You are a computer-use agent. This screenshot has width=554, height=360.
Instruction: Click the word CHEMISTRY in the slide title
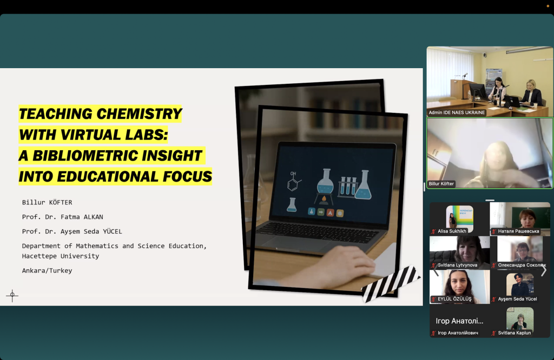coord(139,114)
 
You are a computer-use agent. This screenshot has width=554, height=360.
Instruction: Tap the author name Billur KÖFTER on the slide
coord(47,202)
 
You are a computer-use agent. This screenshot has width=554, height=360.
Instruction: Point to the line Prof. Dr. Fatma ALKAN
coord(63,217)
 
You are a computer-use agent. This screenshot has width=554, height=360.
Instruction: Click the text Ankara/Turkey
coord(47,271)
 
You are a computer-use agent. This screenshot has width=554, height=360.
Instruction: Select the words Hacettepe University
coord(61,256)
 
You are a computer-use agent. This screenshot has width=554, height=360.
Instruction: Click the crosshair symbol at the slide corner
coord(12,296)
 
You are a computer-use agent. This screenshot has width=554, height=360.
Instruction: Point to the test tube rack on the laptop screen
coord(348,186)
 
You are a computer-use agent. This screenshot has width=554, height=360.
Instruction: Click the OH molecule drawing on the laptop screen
coord(294,181)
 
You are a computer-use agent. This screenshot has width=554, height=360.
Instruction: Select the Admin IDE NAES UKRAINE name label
coord(457,112)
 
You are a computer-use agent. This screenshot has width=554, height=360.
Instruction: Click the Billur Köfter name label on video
coord(441,184)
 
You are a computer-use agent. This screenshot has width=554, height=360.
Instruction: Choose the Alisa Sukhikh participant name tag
coord(452,231)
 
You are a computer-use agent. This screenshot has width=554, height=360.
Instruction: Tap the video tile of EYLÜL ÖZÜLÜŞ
coord(460,286)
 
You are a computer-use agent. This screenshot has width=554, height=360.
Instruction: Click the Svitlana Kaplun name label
coord(515,333)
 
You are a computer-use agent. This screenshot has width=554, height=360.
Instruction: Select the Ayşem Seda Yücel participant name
coord(517,299)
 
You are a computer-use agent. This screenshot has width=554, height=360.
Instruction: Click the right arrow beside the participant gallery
coord(544,271)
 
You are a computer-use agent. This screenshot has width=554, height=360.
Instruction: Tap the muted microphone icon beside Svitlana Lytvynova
coord(433,265)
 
